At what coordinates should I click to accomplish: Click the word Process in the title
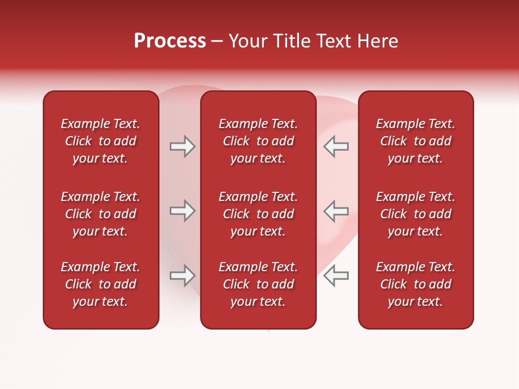170,41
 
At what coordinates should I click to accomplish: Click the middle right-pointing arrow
183,211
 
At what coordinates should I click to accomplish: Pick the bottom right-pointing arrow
183,276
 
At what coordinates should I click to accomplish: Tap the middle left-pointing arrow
336,211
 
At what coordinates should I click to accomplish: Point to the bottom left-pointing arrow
336,276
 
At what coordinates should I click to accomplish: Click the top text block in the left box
101,141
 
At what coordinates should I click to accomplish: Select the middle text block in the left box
101,214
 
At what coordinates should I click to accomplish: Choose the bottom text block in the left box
101,284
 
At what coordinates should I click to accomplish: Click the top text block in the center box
258,141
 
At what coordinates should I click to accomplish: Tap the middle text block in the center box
258,214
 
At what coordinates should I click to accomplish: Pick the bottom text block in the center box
258,284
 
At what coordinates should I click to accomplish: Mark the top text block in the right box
416,141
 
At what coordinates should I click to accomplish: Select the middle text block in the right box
416,214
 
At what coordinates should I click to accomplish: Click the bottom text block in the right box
416,284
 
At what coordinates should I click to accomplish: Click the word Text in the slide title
333,41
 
